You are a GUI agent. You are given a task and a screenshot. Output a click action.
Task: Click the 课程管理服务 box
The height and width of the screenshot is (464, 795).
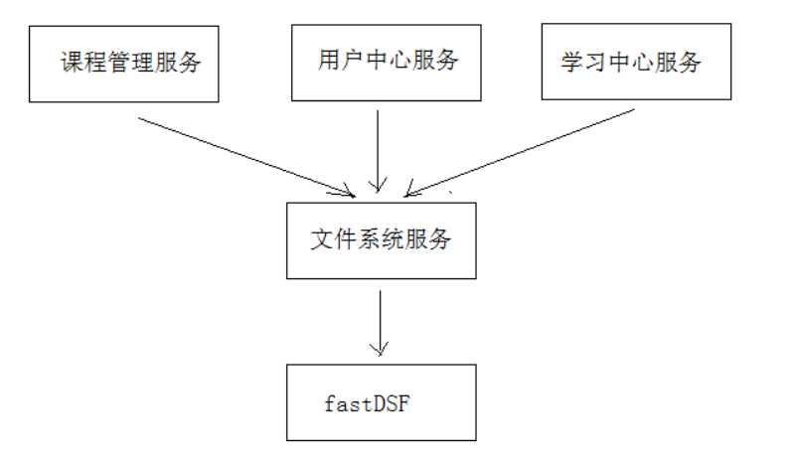(x=124, y=65)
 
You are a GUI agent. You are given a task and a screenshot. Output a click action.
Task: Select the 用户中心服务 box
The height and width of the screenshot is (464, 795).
(x=379, y=62)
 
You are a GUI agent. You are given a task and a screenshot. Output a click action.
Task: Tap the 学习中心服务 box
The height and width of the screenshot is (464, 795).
(x=636, y=63)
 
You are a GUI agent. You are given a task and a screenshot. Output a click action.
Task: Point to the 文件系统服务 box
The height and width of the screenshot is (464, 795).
(x=381, y=240)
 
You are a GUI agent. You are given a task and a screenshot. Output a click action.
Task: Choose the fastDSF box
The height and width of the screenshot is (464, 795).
(x=381, y=402)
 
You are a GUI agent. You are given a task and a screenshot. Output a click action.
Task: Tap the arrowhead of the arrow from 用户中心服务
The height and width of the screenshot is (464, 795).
(x=378, y=184)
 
